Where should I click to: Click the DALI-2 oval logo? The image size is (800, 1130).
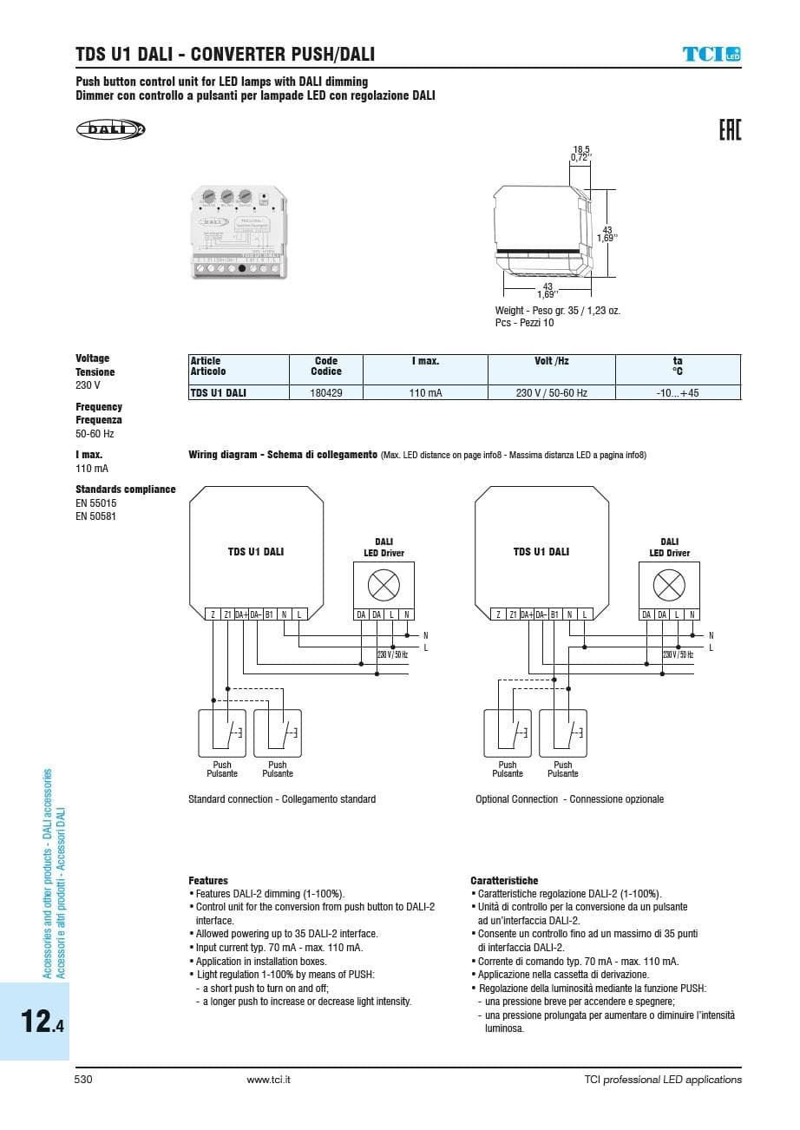point(110,130)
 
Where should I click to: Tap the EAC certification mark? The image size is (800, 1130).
point(730,131)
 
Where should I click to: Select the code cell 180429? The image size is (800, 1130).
point(325,393)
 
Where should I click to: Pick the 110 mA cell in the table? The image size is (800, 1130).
point(425,393)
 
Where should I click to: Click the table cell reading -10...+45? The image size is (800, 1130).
point(678,393)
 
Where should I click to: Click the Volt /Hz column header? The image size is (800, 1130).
point(551,361)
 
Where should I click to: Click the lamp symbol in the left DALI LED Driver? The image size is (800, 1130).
point(383,586)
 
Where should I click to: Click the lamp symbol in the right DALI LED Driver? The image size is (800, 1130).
point(669,586)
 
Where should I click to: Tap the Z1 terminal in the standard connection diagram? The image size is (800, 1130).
point(227,614)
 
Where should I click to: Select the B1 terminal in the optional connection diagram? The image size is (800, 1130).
point(554,614)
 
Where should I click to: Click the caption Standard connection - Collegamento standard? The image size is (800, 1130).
point(282,799)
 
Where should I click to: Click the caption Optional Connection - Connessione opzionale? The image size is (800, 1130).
point(569,799)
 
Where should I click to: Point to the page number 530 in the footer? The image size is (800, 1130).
point(83,1080)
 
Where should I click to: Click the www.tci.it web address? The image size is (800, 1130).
point(268,1080)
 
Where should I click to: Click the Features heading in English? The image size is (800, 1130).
point(208,880)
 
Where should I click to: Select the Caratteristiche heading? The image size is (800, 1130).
point(504,880)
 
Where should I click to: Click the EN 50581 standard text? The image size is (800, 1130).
point(95,516)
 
